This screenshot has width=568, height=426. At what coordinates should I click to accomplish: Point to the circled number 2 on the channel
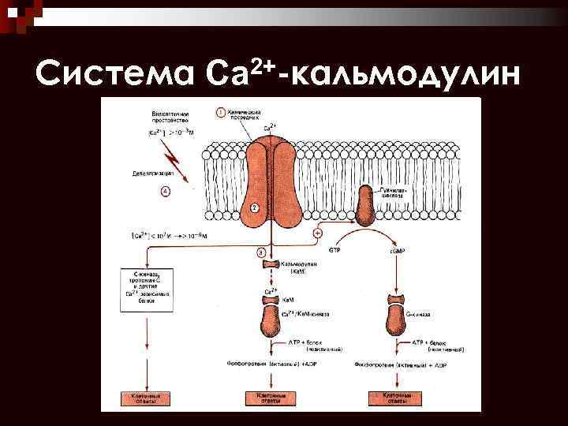(x=254, y=207)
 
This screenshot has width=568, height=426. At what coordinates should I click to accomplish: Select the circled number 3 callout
(x=261, y=252)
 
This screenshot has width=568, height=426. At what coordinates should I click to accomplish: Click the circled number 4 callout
(x=164, y=190)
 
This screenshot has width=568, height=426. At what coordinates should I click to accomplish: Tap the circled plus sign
(x=319, y=234)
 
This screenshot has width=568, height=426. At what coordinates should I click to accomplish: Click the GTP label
(x=335, y=250)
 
